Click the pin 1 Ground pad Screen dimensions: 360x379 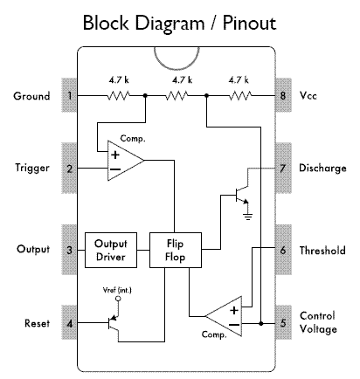(x=69, y=95)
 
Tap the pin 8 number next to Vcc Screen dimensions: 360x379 (x=283, y=95)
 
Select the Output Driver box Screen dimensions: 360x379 (x=111, y=250)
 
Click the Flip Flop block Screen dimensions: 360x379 (x=176, y=250)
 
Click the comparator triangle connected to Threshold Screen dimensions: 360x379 (x=224, y=316)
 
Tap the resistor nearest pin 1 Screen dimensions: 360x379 (x=119, y=95)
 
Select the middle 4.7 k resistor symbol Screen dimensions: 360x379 (x=177, y=95)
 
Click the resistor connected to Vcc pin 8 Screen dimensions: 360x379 (x=240, y=95)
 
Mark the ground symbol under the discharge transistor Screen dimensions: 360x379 (x=248, y=217)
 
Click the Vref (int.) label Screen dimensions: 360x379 (x=117, y=290)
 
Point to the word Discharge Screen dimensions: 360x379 (x=322, y=169)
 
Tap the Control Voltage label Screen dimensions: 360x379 (x=318, y=322)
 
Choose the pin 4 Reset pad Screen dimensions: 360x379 (x=69, y=322)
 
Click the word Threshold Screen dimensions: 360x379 (x=322, y=250)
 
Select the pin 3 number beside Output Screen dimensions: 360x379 (x=69, y=250)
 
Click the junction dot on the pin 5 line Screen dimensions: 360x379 (x=261, y=323)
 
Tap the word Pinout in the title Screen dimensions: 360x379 (x=250, y=23)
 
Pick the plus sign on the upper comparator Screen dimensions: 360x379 (x=115, y=155)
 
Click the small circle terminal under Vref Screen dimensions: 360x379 (x=118, y=299)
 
